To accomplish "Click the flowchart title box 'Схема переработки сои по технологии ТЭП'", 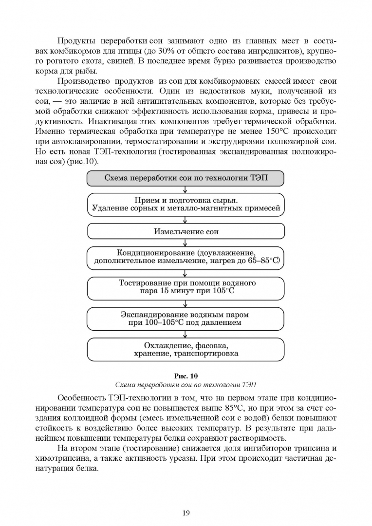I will tap(186, 178).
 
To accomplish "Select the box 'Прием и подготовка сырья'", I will tap(186, 205).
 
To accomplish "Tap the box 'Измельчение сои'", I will tap(186, 231).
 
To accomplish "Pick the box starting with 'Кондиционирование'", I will tap(186, 258).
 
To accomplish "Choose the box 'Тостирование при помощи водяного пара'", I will tap(186, 288).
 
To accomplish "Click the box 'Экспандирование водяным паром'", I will tap(186, 319).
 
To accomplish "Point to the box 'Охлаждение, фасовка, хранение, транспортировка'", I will tap(186, 349).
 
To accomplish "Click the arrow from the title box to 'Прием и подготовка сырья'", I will tap(186, 189).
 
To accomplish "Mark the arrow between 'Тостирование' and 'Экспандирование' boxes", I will tap(186, 303).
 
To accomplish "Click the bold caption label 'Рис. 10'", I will tap(186, 376).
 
